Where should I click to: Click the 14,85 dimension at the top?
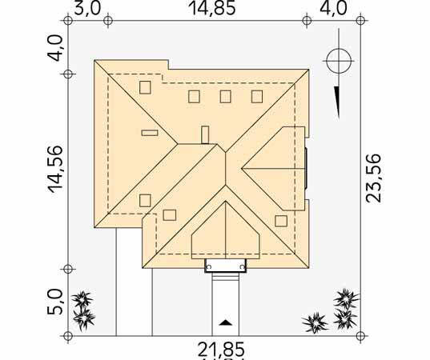point(212,8)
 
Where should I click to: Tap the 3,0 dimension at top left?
point(87,8)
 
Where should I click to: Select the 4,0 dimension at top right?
point(333,8)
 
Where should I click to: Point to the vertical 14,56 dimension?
point(55,169)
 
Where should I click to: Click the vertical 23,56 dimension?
point(373,178)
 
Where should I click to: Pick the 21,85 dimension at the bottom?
point(221,350)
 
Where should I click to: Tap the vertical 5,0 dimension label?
point(55,302)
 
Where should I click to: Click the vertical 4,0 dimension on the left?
point(55,48)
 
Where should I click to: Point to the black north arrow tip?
point(339,118)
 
